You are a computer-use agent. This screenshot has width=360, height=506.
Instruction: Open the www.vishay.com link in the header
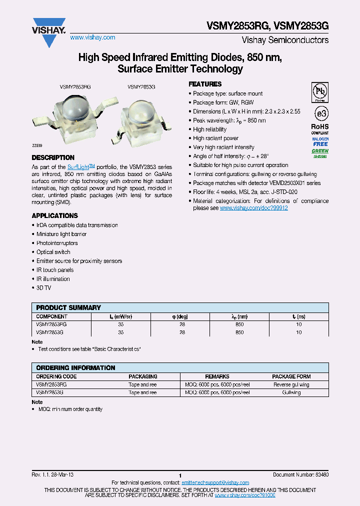(x=92, y=37)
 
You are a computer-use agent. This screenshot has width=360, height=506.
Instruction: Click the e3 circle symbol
(x=320, y=111)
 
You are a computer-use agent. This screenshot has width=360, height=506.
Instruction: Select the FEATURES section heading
(x=205, y=84)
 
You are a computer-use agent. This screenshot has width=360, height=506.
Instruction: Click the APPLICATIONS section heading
(x=55, y=215)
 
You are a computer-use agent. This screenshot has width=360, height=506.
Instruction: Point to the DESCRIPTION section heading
(x=53, y=157)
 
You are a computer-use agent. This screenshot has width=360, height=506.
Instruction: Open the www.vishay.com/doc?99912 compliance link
(x=253, y=207)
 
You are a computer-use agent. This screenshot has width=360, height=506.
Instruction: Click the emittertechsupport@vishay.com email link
(x=215, y=482)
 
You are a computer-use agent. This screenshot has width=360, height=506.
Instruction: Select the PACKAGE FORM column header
(x=291, y=376)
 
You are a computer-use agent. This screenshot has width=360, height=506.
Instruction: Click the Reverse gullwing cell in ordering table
(x=291, y=384)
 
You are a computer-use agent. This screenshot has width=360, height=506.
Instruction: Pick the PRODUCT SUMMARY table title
(x=68, y=307)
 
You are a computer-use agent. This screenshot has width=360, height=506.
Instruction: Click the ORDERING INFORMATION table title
(x=75, y=367)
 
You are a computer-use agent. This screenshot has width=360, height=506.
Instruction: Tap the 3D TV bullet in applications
(x=43, y=287)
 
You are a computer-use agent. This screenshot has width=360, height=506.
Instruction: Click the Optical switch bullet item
(x=53, y=252)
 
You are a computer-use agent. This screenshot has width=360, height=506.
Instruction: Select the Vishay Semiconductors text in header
(x=285, y=40)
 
